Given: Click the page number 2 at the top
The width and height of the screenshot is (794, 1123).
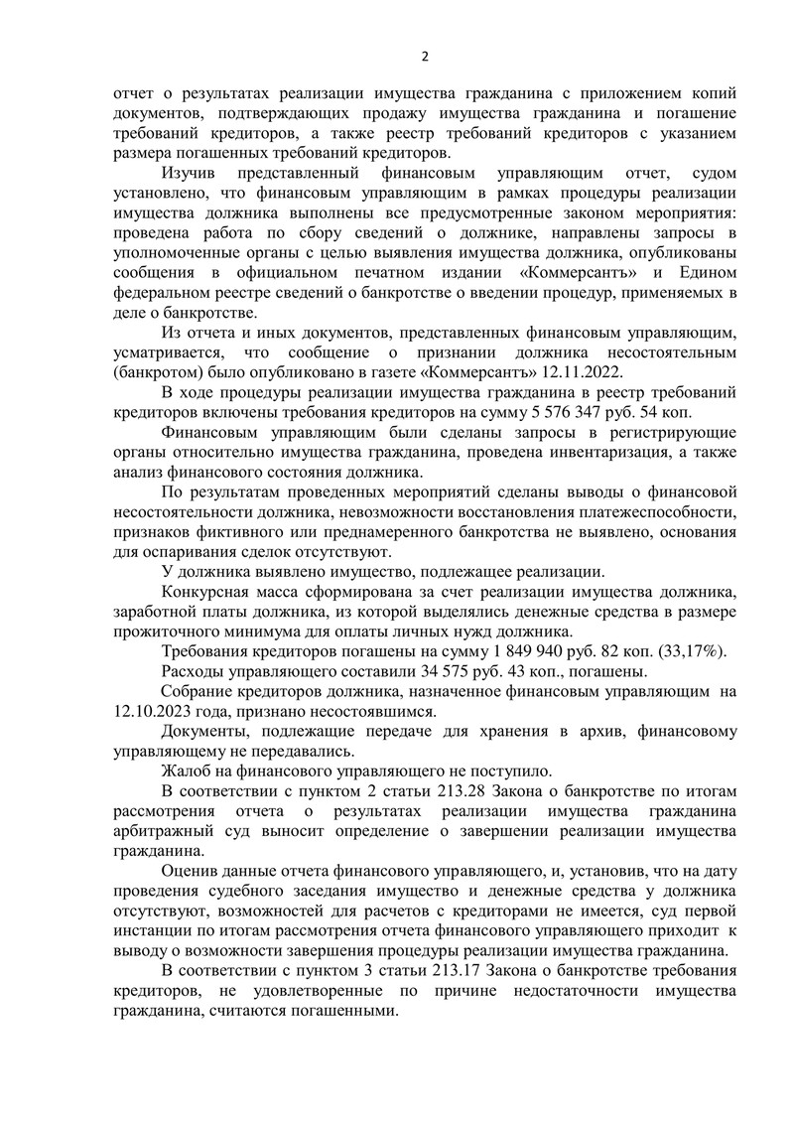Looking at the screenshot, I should click(424, 56).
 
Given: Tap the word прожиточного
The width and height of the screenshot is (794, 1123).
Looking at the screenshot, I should click(163, 632).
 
